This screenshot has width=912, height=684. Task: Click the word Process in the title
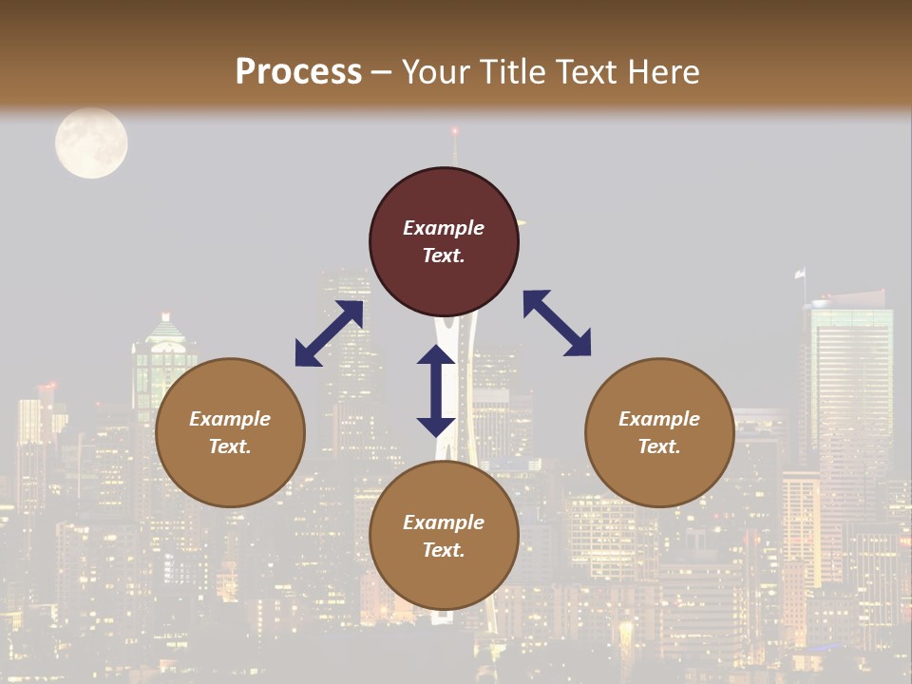[298, 72]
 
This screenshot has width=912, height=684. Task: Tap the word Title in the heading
[511, 72]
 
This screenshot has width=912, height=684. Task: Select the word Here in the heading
[661, 72]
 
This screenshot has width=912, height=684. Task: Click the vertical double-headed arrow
[436, 390]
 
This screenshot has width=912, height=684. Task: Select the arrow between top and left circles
[329, 333]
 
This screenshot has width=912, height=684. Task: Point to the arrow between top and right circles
[558, 323]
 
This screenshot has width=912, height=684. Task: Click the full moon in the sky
[91, 143]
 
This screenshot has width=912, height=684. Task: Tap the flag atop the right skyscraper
[801, 273]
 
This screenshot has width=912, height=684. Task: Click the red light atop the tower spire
[454, 129]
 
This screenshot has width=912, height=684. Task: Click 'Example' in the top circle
[444, 228]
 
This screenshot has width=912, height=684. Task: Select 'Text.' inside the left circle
[230, 446]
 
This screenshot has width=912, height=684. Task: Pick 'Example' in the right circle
[659, 419]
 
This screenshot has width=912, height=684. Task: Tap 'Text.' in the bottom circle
[444, 550]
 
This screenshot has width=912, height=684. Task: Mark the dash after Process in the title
[381, 73]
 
